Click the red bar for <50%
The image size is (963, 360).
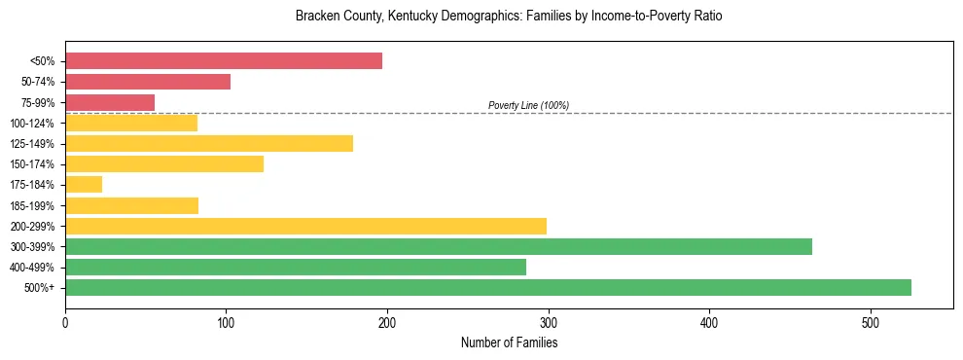(x=224, y=61)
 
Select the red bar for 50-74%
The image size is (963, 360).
(x=148, y=82)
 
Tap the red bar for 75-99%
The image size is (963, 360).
(x=110, y=102)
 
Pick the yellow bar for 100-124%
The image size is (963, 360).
(x=131, y=123)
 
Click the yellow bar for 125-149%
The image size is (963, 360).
(x=209, y=144)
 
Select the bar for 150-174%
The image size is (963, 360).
(x=164, y=164)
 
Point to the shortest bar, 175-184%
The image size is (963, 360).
(x=84, y=185)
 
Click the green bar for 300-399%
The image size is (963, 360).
(x=439, y=246)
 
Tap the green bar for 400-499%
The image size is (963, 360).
(x=296, y=267)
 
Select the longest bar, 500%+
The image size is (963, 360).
(x=488, y=287)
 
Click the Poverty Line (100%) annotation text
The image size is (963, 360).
(x=528, y=105)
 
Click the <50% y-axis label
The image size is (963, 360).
(x=42, y=61)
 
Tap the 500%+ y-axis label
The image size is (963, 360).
(x=40, y=288)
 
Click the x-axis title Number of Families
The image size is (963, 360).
(x=509, y=342)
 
